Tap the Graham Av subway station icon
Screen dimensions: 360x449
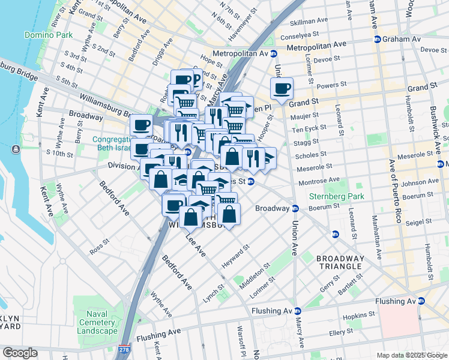[377, 39]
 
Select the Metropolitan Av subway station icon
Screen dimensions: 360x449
[274, 53]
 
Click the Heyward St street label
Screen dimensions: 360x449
[235, 257]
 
